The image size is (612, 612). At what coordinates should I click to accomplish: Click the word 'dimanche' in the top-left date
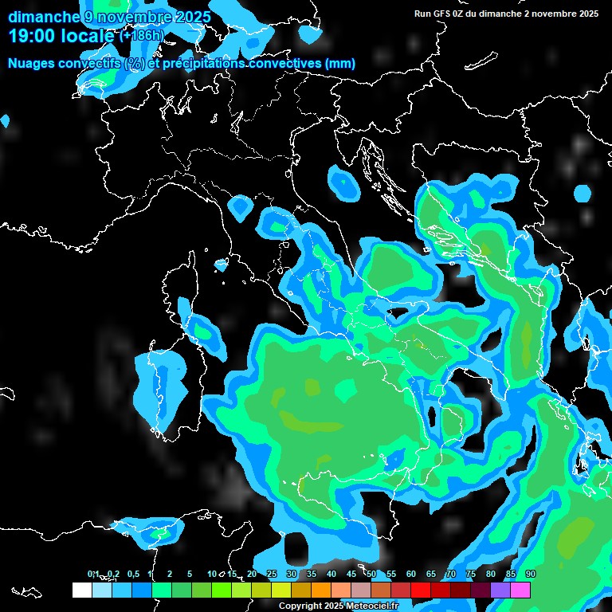(x=43, y=17)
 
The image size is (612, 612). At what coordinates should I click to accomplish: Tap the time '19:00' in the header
(x=33, y=36)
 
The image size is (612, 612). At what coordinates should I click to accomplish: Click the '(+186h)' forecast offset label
(x=141, y=36)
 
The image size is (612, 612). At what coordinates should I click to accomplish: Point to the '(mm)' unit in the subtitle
(x=340, y=63)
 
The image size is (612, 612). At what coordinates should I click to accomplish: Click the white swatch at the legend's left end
(x=81, y=590)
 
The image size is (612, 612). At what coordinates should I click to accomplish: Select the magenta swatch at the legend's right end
(x=520, y=590)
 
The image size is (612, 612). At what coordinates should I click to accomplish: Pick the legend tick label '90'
(x=531, y=575)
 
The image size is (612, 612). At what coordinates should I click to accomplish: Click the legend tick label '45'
(x=351, y=575)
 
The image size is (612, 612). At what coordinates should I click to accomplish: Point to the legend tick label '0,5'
(x=132, y=575)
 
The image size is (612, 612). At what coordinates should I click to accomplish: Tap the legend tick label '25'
(x=272, y=575)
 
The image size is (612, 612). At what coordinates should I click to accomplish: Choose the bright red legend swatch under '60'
(x=421, y=590)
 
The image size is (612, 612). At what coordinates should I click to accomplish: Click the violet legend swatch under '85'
(x=500, y=590)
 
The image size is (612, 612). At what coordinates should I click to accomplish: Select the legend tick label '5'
(x=190, y=575)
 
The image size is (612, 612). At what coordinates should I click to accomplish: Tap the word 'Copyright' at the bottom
(x=300, y=606)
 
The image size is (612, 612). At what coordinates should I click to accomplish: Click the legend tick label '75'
(x=471, y=575)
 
